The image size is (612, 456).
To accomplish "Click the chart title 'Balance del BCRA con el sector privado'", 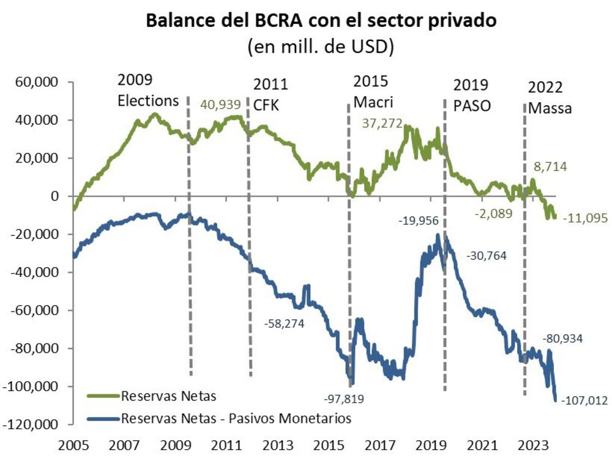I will (320, 20).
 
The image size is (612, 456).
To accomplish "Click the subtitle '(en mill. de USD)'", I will (320, 46).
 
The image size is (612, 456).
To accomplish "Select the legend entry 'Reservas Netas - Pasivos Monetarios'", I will (236, 418).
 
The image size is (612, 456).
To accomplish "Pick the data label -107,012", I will (584, 400).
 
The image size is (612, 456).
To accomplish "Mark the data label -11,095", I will (584, 218).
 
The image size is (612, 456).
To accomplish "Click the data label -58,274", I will (285, 322).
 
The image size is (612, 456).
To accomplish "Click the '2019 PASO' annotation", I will (472, 95).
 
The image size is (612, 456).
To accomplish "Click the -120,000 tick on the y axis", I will (34, 424).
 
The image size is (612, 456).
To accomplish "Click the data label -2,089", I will (493, 213).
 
